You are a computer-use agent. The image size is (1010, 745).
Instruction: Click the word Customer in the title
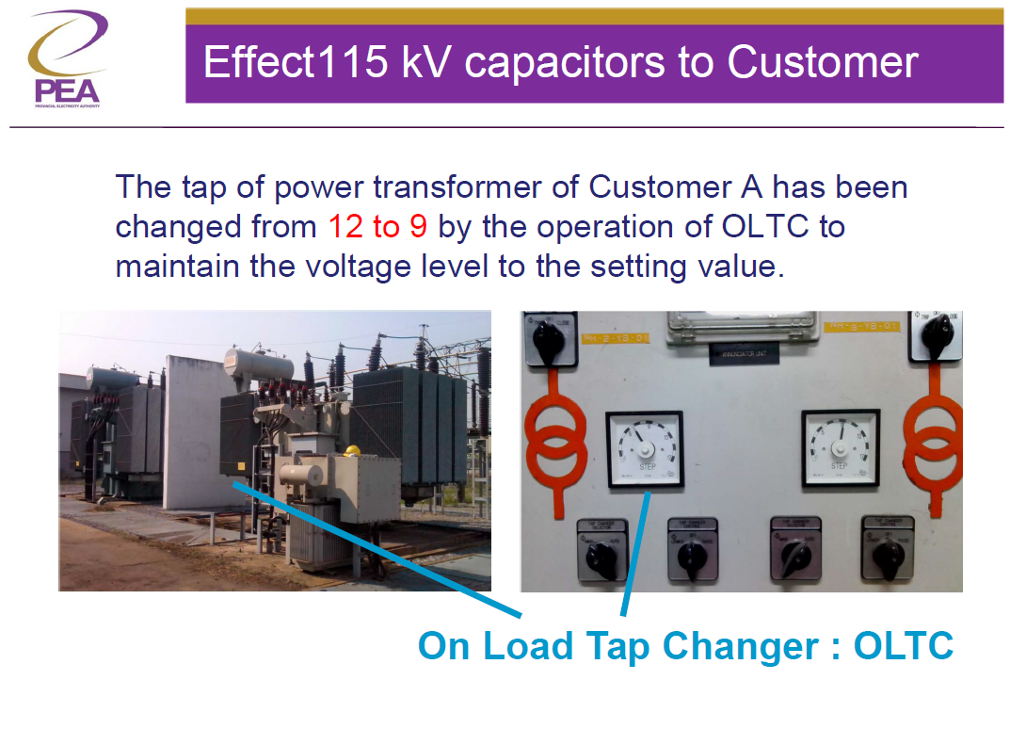tap(822, 62)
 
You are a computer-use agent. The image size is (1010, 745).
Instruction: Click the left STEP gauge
tap(645, 449)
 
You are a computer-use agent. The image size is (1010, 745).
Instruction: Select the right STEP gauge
tap(840, 448)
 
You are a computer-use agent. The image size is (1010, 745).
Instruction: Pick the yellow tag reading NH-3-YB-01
tap(862, 327)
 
